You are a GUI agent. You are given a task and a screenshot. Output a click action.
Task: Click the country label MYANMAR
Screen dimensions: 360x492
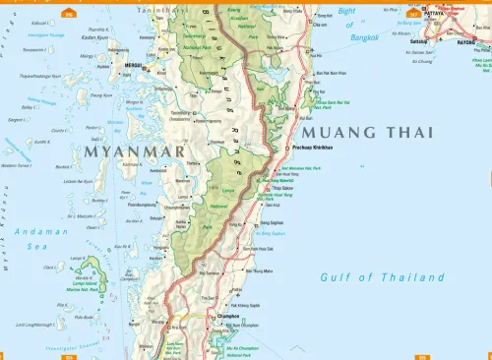click(x=136, y=153)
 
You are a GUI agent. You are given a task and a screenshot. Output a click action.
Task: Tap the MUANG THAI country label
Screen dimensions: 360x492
click(x=369, y=132)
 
